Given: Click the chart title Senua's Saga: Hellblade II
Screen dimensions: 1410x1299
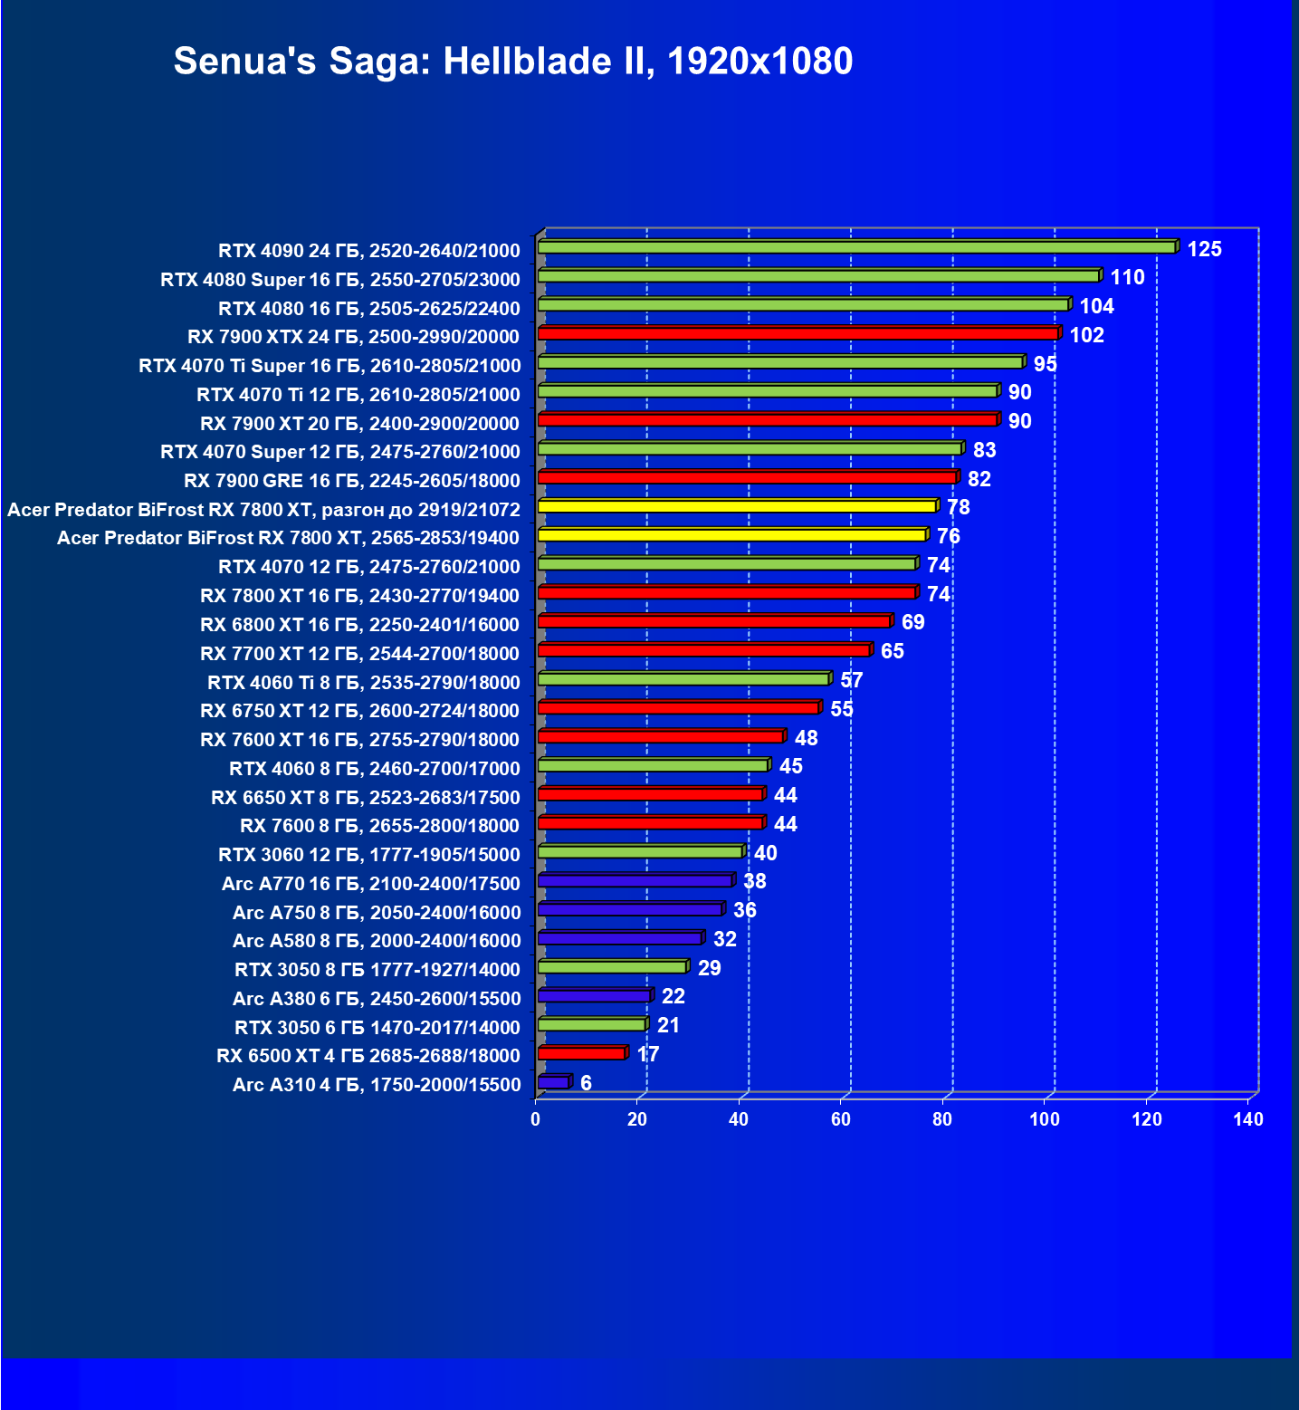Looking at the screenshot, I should click(x=512, y=62).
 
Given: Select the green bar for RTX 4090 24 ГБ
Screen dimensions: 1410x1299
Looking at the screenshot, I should click(x=855, y=247).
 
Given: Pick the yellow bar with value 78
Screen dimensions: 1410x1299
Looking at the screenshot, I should click(x=737, y=507).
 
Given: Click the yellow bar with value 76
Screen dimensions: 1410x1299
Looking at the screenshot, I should click(x=731, y=536).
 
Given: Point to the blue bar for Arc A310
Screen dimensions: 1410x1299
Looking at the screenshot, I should click(x=553, y=1082).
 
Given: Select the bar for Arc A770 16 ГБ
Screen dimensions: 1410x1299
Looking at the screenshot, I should click(x=634, y=881).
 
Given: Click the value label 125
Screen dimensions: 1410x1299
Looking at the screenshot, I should click(x=1204, y=249).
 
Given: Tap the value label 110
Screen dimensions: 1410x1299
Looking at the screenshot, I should click(x=1127, y=278).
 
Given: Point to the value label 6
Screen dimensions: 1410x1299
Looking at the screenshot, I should click(x=586, y=1083).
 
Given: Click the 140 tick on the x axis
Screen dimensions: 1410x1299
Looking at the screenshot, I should click(x=1247, y=1119).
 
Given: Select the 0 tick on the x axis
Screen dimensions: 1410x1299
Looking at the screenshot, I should click(x=536, y=1119).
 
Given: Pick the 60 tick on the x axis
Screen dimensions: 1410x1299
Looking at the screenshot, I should click(x=841, y=1119).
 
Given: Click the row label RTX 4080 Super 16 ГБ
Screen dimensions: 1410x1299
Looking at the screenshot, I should click(x=340, y=279).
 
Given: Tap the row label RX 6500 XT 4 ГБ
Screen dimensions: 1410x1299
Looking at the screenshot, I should click(x=368, y=1056).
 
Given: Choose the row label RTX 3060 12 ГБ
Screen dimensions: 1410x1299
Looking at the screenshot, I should click(x=369, y=855).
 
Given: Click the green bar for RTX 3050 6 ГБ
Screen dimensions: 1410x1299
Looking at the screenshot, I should click(x=591, y=1025).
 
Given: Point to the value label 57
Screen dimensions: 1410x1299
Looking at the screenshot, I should click(x=851, y=680).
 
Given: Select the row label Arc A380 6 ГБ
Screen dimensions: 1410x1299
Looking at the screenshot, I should click(x=377, y=998).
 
